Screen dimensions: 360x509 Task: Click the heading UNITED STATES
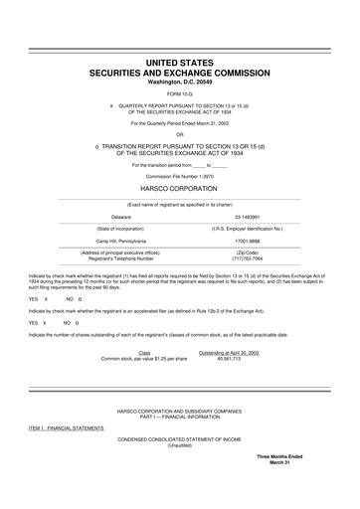point(179,63)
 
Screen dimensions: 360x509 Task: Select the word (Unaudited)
point(179,445)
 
